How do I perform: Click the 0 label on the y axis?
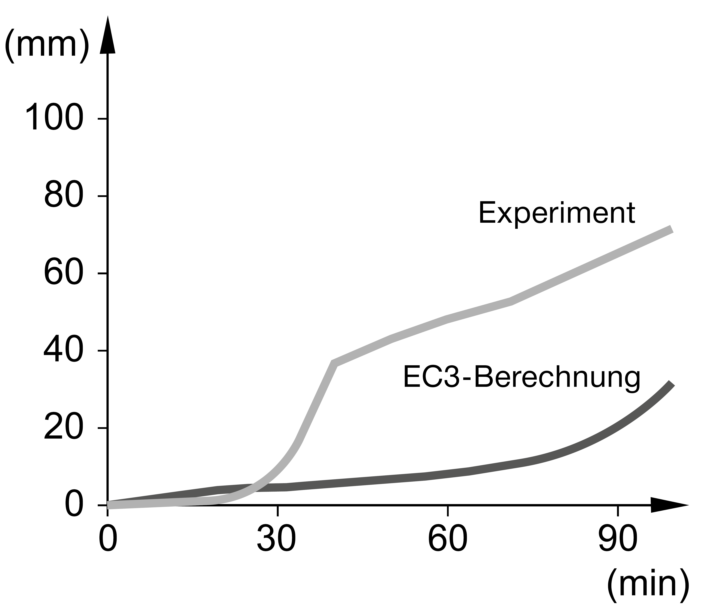(x=74, y=505)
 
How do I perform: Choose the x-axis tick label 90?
(x=618, y=540)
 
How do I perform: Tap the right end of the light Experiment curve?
(x=671, y=229)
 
